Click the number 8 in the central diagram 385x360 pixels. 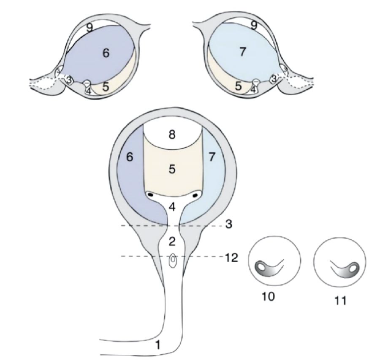[172, 134]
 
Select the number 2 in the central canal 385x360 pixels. [172, 242]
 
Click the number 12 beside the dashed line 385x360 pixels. [231, 258]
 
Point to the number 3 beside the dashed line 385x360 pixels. [229, 224]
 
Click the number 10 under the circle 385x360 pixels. [268, 296]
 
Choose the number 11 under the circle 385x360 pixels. [340, 300]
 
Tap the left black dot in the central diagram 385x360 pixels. [150, 195]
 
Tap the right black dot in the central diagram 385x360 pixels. [196, 196]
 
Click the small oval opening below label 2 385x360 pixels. [173, 260]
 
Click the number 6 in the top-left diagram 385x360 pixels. [106, 53]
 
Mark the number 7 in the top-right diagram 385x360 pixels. [243, 52]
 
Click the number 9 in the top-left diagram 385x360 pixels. [89, 28]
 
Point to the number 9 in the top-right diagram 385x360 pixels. [254, 25]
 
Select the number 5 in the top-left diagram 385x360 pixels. [105, 87]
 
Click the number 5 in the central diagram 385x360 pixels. [172, 169]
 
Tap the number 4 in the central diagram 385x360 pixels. [172, 207]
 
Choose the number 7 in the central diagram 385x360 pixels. [212, 157]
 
